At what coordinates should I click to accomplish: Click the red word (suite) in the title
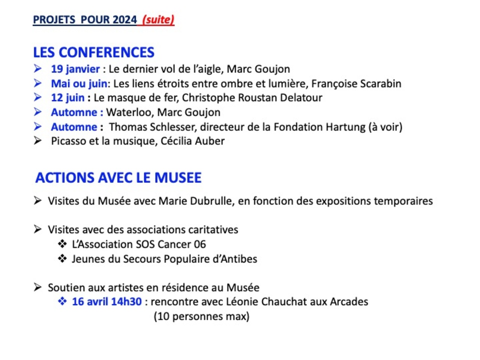point(158,19)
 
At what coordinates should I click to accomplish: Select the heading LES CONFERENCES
point(94,52)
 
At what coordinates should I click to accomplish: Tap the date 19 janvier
point(75,69)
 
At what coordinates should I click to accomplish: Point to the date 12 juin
point(67,98)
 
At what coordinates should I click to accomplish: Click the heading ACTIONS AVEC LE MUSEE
point(118,178)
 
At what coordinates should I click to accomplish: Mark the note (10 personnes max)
point(201,316)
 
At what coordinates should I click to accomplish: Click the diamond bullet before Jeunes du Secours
point(62,259)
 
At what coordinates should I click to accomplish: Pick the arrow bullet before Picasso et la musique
point(37,141)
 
